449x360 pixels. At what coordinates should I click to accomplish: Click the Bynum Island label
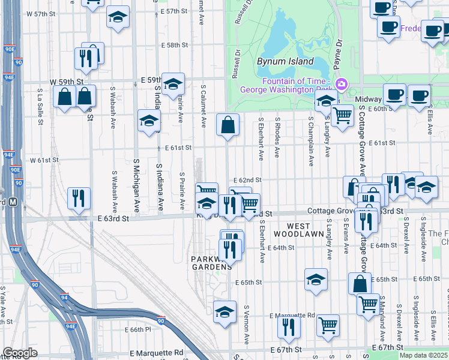coord(285,61)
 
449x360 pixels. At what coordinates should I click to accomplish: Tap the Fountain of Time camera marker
coord(342,83)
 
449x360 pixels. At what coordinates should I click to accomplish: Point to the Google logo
coord(20,353)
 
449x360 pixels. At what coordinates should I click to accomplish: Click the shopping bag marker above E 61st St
coord(228,125)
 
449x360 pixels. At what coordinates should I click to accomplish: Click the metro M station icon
coord(12,203)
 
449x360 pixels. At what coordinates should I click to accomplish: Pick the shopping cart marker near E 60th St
coord(342,115)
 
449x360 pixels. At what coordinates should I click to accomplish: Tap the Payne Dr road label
coord(339,49)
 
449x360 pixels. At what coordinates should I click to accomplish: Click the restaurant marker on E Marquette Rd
coord(289,328)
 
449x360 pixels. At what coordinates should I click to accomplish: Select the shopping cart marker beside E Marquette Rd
coord(328,325)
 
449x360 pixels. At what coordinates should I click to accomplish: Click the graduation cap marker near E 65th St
coord(316,280)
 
